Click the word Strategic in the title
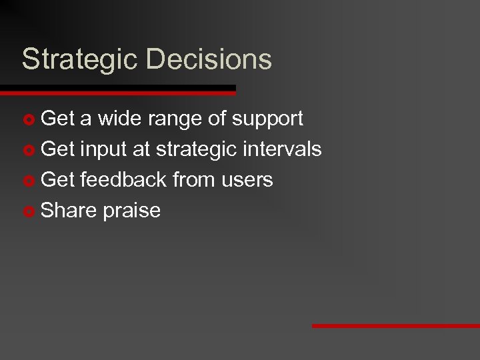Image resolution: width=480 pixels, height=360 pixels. coord(81,60)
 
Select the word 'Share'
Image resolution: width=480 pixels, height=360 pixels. coord(69,210)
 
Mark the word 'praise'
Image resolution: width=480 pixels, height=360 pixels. coord(132,211)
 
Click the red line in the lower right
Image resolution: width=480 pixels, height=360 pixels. coord(395,326)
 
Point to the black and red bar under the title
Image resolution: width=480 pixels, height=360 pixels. coord(118,89)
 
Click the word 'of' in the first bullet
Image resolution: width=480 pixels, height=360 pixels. coord(217,119)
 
